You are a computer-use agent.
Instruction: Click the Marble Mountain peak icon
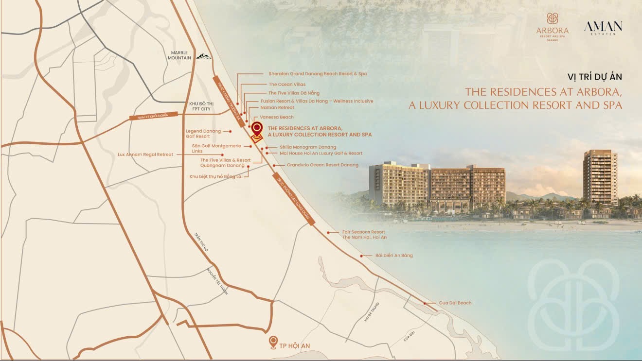click(x=205, y=56)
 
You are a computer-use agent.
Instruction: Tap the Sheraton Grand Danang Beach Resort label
click(x=318, y=74)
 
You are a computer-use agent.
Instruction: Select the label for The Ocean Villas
click(x=287, y=84)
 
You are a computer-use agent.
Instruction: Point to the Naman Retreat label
click(x=277, y=107)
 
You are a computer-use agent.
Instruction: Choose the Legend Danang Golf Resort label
click(x=203, y=134)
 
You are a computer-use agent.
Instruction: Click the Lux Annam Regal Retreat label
click(x=145, y=155)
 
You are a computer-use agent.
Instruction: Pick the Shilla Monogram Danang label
click(x=307, y=147)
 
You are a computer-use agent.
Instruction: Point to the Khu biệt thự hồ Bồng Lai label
click(x=218, y=176)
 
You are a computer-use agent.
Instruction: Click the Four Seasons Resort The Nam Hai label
click(x=364, y=235)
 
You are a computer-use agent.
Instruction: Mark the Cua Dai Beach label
click(x=455, y=303)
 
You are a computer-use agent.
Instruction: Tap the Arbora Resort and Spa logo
click(x=552, y=27)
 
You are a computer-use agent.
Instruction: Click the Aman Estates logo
click(x=603, y=28)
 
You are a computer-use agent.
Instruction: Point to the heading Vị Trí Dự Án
click(x=594, y=77)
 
